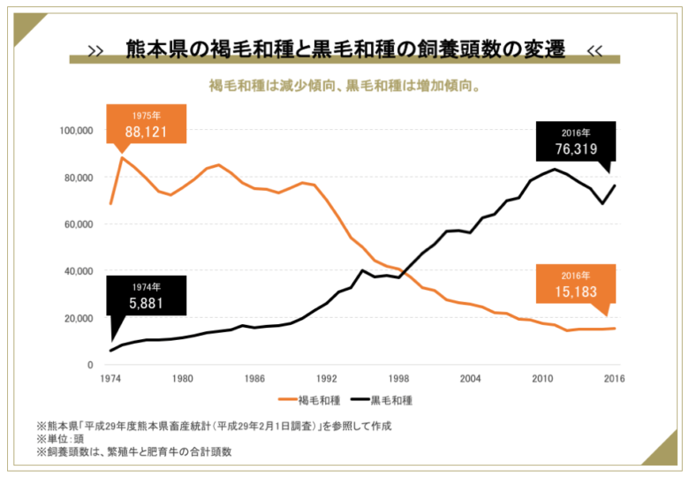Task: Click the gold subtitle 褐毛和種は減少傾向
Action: [x=344, y=87]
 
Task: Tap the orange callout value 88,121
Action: [x=146, y=132]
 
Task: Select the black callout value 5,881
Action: [x=146, y=303]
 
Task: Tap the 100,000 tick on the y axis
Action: [x=76, y=131]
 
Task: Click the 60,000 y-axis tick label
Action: [x=79, y=224]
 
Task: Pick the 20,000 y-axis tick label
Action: [x=79, y=318]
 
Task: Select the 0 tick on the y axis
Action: [x=90, y=365]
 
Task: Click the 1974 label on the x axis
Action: [x=110, y=379]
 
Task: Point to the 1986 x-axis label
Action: [x=254, y=379]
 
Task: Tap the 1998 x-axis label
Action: [x=398, y=379]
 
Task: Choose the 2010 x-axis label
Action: [x=542, y=379]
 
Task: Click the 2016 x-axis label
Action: [x=615, y=379]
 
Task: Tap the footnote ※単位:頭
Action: [x=63, y=439]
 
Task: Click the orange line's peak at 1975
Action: [x=122, y=158]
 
